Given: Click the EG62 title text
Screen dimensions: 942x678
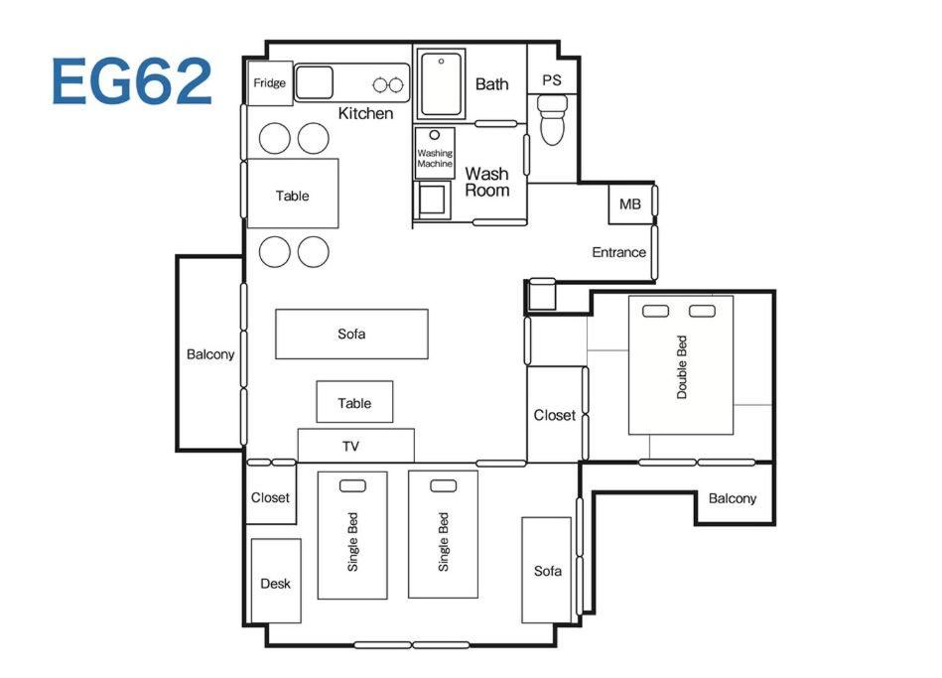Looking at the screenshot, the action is coord(132,81).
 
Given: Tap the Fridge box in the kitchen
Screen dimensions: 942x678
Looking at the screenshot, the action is coord(270,83).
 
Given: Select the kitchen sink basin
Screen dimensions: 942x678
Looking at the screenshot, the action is coord(314,82).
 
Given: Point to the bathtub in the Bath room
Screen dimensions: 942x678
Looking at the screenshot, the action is coord(441,84).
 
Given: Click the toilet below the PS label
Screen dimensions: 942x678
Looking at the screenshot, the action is coord(552,120).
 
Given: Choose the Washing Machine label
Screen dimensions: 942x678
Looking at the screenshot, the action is coord(435,158).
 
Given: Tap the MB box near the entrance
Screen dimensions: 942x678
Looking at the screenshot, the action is coord(630,204).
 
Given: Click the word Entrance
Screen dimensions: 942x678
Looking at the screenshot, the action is coord(618,252).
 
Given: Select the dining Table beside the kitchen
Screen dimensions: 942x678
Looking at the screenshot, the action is coord(293,194).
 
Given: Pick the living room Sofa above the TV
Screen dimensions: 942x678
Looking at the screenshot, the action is coord(351,335).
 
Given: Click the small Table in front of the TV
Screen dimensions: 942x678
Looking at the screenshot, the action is coord(354,402).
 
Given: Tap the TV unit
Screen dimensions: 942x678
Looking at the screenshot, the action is coord(355,446).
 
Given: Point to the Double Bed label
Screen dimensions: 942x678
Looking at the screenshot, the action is coord(681,367).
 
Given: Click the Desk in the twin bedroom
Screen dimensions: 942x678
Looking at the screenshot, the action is coord(276,581).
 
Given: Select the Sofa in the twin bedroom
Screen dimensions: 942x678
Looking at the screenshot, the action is coord(547,570).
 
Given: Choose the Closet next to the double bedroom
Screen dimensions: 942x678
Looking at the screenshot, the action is coord(555,415).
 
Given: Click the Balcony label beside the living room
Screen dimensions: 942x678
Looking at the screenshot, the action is coord(210,354).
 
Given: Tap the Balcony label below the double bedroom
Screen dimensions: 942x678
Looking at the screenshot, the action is coord(733,498).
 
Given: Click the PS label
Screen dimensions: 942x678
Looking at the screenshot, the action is coord(552,80).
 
